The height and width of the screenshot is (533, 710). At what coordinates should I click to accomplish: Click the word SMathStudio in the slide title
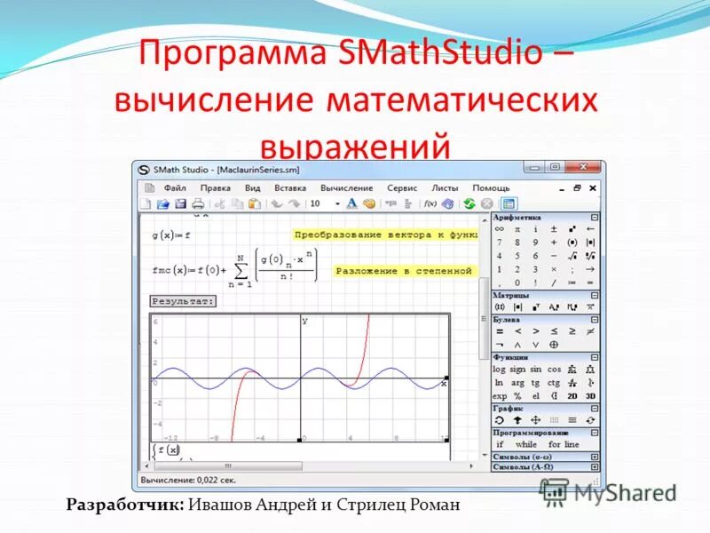[x=440, y=53]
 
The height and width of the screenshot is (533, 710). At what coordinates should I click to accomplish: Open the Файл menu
[x=174, y=188]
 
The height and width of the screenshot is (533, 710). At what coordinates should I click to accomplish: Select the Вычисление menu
[x=346, y=188]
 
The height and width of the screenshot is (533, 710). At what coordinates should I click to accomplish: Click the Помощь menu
[x=491, y=188]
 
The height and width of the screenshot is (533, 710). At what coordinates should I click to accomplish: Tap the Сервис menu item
[x=402, y=188]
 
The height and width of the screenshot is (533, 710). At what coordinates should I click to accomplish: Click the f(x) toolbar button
[x=430, y=203]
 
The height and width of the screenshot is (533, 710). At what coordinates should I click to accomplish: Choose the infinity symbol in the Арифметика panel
[x=500, y=229]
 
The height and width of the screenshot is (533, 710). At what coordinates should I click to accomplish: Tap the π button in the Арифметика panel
[x=517, y=229]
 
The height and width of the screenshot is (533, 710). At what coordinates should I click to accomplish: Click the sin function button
[x=535, y=369]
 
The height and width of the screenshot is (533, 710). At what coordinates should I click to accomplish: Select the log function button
[x=499, y=369]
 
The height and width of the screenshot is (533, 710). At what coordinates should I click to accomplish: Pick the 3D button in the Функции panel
[x=590, y=395]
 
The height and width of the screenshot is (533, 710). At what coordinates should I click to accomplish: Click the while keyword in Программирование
[x=525, y=444]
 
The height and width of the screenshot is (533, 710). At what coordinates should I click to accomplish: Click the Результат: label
[x=183, y=301]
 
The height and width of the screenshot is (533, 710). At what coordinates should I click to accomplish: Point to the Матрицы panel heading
[x=512, y=295]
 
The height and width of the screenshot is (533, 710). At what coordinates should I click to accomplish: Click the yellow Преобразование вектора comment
[x=384, y=235]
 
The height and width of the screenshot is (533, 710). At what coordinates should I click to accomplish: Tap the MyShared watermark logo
[x=609, y=492]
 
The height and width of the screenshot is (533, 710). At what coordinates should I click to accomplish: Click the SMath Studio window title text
[x=226, y=169]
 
